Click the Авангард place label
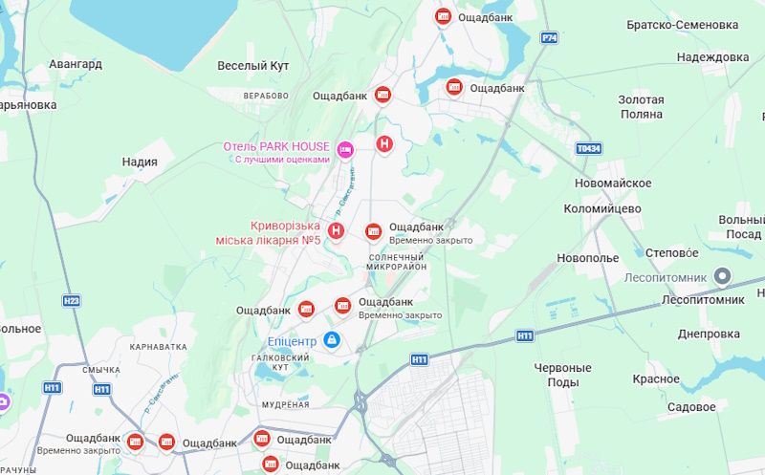pos(76,64)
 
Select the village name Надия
pos(140,162)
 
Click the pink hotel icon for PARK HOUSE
pos(346,148)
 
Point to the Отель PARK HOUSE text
pos(275,146)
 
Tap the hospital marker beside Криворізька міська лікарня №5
pos(337,230)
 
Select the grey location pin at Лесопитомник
pos(723,277)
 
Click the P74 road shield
pos(549,38)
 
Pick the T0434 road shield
pos(589,149)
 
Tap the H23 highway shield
pos(72,300)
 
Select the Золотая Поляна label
pos(640,106)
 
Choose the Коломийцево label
pos(602,208)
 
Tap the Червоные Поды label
pos(562,375)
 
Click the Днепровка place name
pos(709,334)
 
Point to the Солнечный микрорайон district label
pos(396,262)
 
